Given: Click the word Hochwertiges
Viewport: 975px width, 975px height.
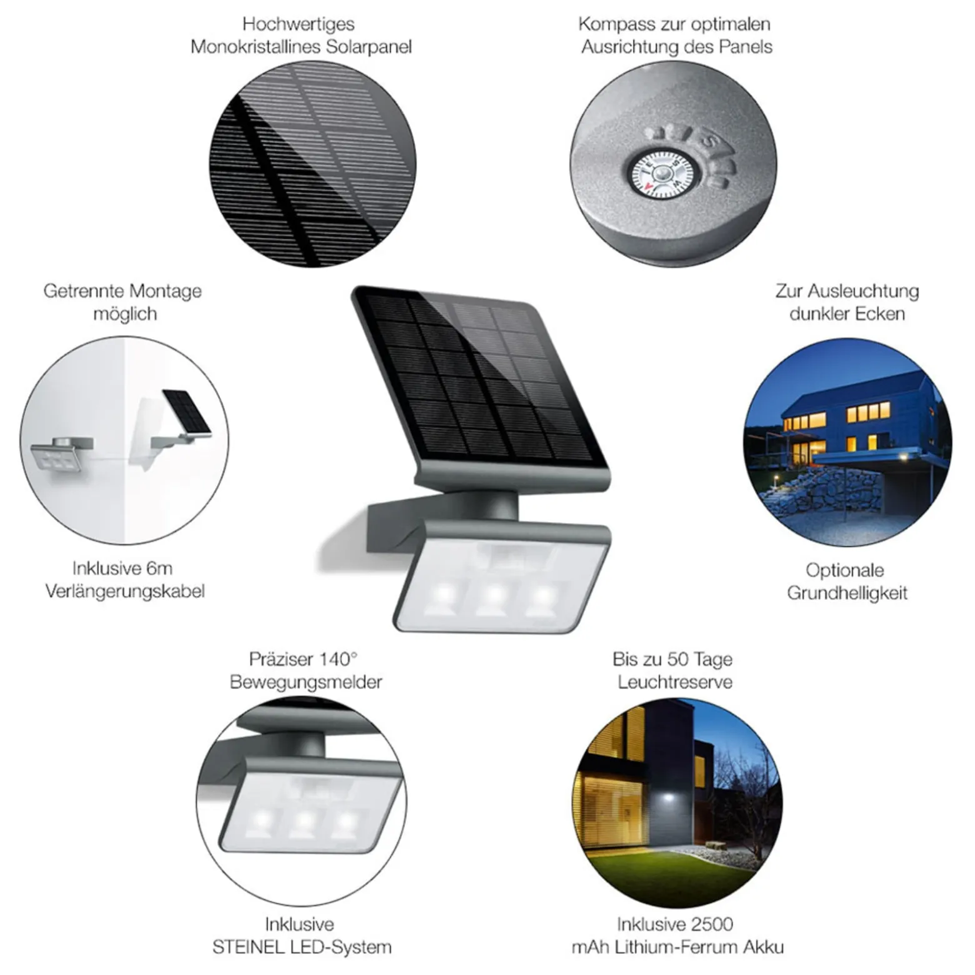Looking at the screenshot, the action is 298,24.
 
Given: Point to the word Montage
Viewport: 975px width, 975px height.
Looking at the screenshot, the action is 164,292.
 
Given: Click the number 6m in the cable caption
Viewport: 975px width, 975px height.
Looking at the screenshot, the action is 159,568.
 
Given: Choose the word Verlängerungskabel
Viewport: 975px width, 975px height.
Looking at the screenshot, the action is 125,591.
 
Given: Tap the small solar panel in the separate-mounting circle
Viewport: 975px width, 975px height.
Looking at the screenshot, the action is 186,412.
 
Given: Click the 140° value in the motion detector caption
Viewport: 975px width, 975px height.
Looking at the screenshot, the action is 338,659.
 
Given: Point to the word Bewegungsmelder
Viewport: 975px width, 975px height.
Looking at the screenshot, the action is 306,682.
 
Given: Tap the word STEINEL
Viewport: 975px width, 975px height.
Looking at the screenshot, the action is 249,947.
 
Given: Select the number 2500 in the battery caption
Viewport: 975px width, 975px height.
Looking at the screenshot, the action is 711,924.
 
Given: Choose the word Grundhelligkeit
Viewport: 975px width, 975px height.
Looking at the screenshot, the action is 847,593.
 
